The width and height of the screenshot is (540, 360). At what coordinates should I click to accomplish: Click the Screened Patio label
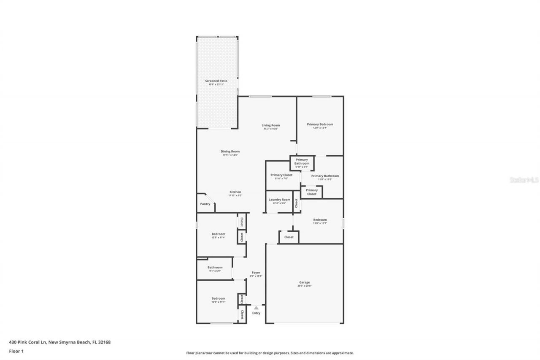[x=216, y=81]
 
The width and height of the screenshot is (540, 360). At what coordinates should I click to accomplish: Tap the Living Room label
[x=270, y=125]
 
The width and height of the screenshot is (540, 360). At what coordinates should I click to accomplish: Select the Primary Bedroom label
[x=320, y=125]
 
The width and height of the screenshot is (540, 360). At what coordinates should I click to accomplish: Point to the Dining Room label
[x=230, y=152]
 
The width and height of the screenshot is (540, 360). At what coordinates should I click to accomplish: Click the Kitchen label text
[x=235, y=192]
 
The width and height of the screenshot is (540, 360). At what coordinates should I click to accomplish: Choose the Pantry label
[x=205, y=204]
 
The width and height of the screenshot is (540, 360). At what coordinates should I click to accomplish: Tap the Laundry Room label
[x=279, y=200]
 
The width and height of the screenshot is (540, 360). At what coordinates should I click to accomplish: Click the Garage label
[x=304, y=283]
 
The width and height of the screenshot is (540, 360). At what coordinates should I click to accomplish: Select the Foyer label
[x=256, y=273]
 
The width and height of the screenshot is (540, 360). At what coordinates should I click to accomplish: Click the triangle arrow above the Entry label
[x=256, y=308]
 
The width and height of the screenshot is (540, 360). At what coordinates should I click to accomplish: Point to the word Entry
[x=256, y=313]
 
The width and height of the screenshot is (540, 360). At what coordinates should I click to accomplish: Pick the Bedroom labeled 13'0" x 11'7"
[x=320, y=220]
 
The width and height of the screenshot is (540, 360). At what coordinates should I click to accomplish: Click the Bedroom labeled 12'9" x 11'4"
[x=218, y=234]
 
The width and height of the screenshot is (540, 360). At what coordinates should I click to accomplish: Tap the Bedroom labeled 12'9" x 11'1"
[x=218, y=299]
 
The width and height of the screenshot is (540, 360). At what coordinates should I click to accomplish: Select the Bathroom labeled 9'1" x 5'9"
[x=215, y=268]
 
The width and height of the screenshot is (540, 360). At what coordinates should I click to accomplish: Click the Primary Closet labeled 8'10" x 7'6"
[x=281, y=175]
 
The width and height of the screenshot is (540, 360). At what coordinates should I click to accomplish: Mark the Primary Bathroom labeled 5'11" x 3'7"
[x=302, y=162]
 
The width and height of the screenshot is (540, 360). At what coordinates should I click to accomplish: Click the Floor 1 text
[x=16, y=351]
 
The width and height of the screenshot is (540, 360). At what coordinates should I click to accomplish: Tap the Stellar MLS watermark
[x=524, y=180]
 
